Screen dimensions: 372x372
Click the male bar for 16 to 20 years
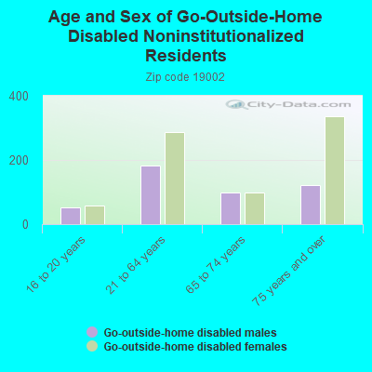pyautogui.click(x=70, y=216)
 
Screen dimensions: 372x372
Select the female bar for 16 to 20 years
pyautogui.click(x=94, y=215)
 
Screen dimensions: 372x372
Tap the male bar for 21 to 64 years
pyautogui.click(x=150, y=195)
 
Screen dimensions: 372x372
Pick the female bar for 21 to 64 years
pyautogui.click(x=174, y=179)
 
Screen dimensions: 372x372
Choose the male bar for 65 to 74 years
pyautogui.click(x=230, y=208)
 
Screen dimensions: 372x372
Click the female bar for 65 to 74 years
pyautogui.click(x=254, y=208)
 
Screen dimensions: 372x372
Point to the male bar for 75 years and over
pyautogui.click(x=310, y=205)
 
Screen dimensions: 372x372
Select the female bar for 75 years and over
pyautogui.click(x=334, y=170)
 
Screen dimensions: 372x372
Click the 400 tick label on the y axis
pyautogui.click(x=20, y=97)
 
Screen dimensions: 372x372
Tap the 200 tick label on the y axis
pyautogui.click(x=20, y=160)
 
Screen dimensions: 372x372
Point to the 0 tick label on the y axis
pyautogui.click(x=26, y=224)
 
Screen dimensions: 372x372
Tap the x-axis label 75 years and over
pyautogui.click(x=293, y=270)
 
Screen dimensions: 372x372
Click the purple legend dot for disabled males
pyautogui.click(x=91, y=332)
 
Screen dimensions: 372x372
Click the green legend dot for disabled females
pyautogui.click(x=91, y=346)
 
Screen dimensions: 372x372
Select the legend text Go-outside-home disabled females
pyautogui.click(x=194, y=347)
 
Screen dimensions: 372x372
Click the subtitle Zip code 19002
pyautogui.click(x=186, y=77)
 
